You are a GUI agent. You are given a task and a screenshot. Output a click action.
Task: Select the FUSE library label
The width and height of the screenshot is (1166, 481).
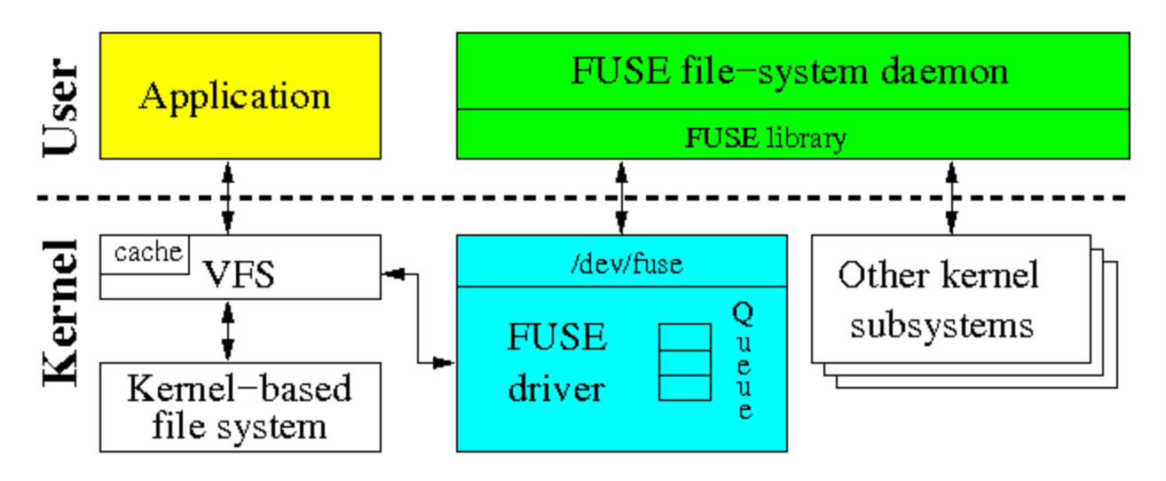click(765, 138)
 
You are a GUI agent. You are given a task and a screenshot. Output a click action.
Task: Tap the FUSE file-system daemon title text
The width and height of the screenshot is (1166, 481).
click(790, 71)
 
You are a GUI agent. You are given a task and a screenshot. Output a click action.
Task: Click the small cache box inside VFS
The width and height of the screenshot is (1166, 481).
click(147, 253)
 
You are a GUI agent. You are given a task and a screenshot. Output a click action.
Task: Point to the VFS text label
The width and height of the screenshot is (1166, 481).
click(240, 274)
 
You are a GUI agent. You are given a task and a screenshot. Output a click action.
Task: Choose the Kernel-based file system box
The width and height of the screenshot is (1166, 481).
click(240, 406)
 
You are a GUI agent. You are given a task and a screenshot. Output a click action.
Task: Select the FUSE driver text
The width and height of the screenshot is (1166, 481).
click(557, 364)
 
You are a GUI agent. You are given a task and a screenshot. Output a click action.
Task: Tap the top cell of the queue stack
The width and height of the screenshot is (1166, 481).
click(684, 336)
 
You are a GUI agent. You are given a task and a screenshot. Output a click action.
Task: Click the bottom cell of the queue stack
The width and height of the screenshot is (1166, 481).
click(684, 388)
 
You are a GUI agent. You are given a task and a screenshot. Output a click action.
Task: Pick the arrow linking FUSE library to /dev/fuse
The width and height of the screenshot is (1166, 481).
click(622, 197)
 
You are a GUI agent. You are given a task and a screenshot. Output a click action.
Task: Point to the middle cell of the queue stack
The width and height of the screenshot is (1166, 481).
click(684, 362)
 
